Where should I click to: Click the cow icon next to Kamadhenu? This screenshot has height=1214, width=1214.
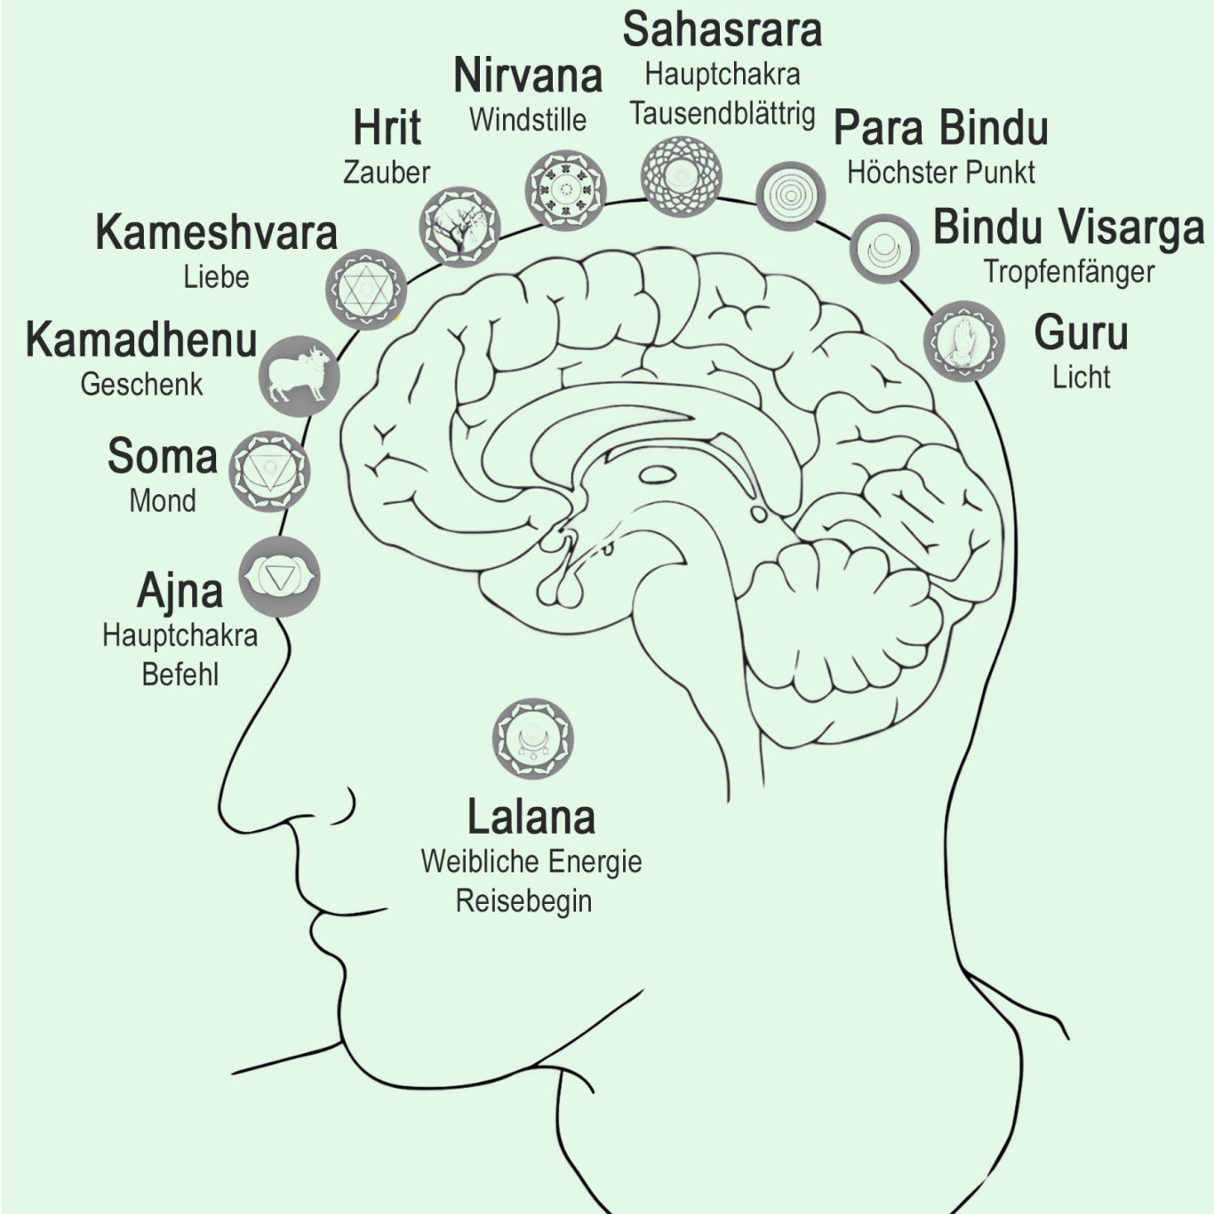(300, 376)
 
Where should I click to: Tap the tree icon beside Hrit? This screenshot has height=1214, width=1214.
(459, 227)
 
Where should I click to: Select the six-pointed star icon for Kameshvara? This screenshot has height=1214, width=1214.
(365, 290)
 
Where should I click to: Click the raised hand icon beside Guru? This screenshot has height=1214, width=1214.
(963, 341)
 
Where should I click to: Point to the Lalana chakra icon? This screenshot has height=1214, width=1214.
(532, 739)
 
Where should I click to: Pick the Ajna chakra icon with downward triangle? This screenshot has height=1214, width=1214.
(279, 578)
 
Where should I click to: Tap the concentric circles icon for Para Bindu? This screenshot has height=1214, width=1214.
(790, 196)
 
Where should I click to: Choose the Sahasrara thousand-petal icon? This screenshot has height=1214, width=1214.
(682, 176)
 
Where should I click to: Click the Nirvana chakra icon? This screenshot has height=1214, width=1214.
(565, 189)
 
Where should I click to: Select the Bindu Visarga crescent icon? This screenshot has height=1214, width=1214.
(884, 247)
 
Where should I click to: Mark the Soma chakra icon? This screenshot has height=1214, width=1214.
(269, 471)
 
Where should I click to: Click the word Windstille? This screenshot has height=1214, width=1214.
(527, 120)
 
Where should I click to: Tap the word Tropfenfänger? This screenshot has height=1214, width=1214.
(1068, 272)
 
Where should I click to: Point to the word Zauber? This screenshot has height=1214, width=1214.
(387, 172)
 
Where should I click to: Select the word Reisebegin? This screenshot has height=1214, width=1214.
(523, 901)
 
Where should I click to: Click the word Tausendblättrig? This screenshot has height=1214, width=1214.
(722, 114)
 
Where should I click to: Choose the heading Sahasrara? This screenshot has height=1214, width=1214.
(722, 30)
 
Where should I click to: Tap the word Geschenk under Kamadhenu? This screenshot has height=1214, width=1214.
(141, 385)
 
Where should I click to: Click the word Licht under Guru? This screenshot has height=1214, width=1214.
(1081, 377)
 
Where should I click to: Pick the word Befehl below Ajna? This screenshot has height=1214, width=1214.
(180, 675)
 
